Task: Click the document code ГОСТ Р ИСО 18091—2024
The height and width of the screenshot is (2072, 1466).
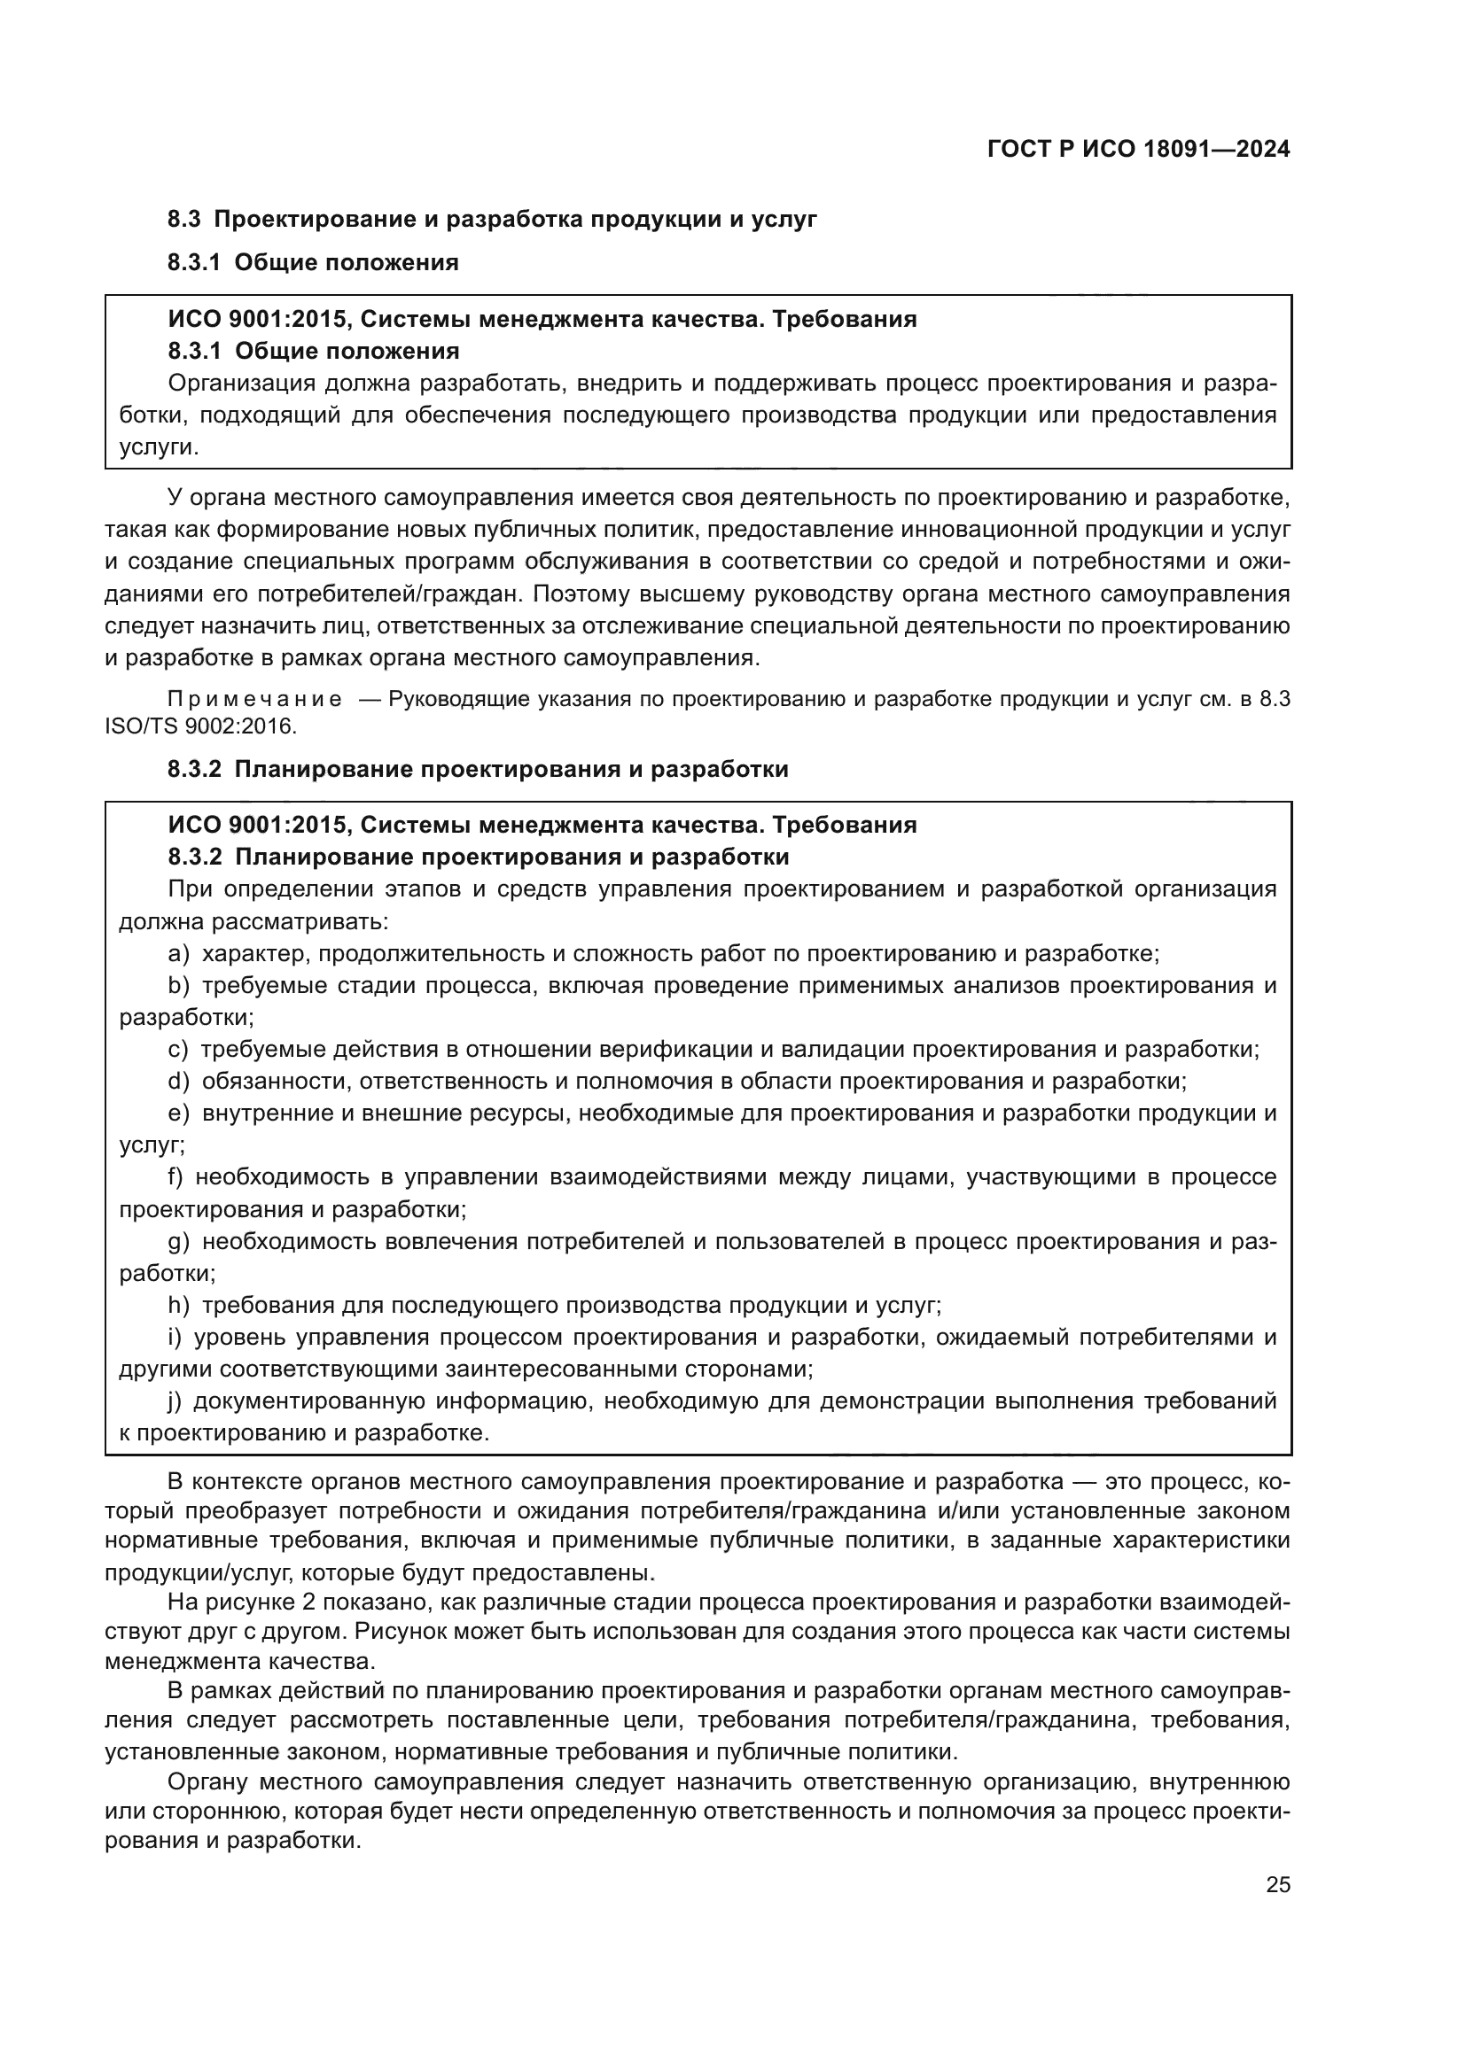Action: point(1138,150)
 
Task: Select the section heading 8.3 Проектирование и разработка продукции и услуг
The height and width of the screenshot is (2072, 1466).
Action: point(492,220)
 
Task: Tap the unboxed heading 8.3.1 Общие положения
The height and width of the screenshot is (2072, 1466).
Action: point(312,262)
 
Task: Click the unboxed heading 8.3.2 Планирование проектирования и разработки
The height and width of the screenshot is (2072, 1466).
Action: point(478,769)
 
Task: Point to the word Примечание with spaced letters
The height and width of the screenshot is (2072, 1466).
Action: point(254,700)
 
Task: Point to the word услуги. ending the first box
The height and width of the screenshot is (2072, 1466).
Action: point(159,447)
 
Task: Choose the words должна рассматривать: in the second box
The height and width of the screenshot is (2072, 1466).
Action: point(253,921)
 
